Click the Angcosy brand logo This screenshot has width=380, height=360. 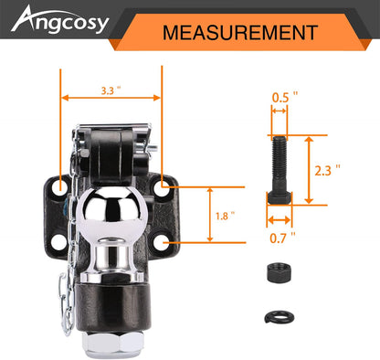point(60,21)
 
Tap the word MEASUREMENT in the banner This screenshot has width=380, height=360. point(240,33)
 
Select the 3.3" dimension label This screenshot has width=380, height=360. point(111,90)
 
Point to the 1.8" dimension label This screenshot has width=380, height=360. point(225,217)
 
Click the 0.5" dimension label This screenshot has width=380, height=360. point(285,98)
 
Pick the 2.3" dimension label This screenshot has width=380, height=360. point(327,170)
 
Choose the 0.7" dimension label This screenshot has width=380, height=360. point(283,238)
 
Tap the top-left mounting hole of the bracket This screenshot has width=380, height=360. point(59,188)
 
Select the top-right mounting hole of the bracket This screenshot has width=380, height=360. point(161,189)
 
